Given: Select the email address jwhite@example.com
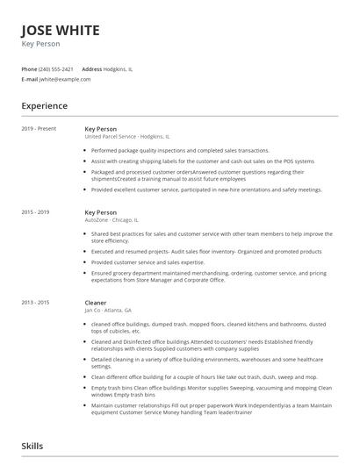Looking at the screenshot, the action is pos(65,79).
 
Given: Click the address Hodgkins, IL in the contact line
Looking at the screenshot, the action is pos(118,68).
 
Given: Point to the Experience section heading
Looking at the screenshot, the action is pos(45,106).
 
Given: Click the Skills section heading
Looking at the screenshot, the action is pos(32,447).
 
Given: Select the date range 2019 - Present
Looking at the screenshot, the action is pos(39,129).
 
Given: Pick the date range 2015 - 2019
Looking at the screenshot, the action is pos(36,212).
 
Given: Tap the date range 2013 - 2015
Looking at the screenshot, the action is pos(36,303).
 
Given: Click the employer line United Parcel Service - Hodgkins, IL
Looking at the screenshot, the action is pos(127,137).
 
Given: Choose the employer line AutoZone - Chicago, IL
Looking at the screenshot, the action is pos(112,220).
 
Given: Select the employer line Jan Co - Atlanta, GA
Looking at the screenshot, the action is pos(108,311).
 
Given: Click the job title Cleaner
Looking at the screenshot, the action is pos(96,303).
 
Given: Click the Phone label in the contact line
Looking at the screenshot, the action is pos(29,68).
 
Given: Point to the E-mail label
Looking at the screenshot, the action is pos(29,79).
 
